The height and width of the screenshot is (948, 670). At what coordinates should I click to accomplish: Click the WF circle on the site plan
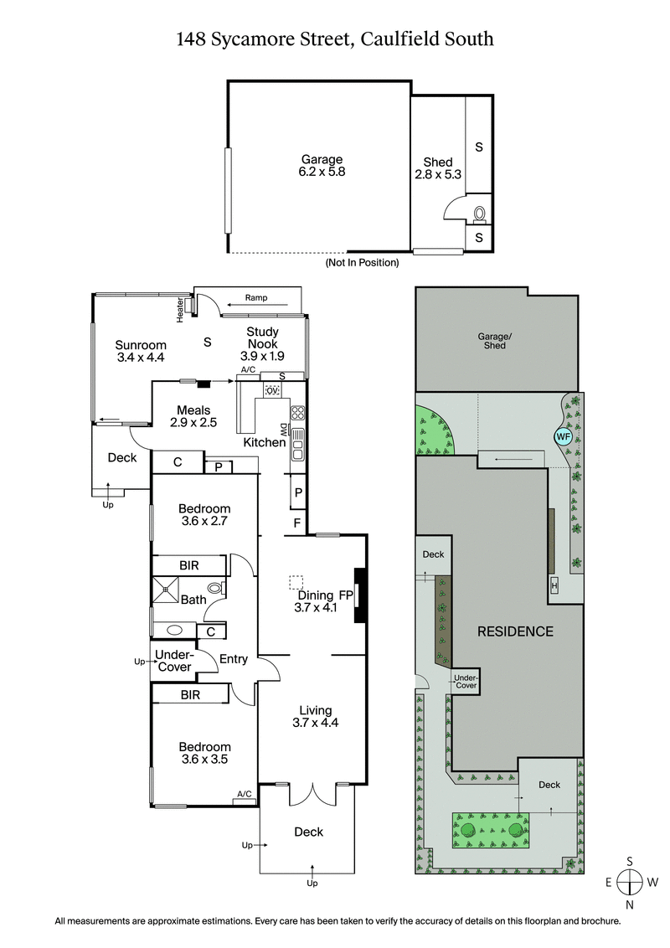pyautogui.click(x=562, y=435)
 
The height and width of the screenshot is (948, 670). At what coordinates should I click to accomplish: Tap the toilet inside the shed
pyautogui.click(x=480, y=214)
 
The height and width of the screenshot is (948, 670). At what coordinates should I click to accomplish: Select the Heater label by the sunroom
pyautogui.click(x=180, y=310)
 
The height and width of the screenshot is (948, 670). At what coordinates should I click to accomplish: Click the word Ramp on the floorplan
pyautogui.click(x=255, y=297)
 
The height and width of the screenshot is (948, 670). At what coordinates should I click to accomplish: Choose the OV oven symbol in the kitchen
pyautogui.click(x=271, y=390)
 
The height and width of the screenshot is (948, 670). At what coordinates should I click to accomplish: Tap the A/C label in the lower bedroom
pyautogui.click(x=245, y=794)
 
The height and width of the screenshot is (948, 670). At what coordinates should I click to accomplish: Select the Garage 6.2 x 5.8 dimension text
pyautogui.click(x=322, y=165)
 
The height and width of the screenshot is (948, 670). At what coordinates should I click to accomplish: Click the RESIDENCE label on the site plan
pyautogui.click(x=515, y=631)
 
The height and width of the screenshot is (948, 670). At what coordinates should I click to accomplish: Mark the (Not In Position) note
pyautogui.click(x=362, y=262)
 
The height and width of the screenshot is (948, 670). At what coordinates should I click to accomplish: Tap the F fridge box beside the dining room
pyautogui.click(x=296, y=524)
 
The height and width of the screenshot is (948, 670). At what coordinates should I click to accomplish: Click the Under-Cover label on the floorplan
pyautogui.click(x=173, y=662)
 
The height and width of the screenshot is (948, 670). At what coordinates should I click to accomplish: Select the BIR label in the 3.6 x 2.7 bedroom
pyautogui.click(x=189, y=566)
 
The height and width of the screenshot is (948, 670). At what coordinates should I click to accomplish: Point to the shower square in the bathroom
pyautogui.click(x=165, y=589)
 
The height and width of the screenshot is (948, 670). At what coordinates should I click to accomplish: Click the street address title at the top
pyautogui.click(x=334, y=38)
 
